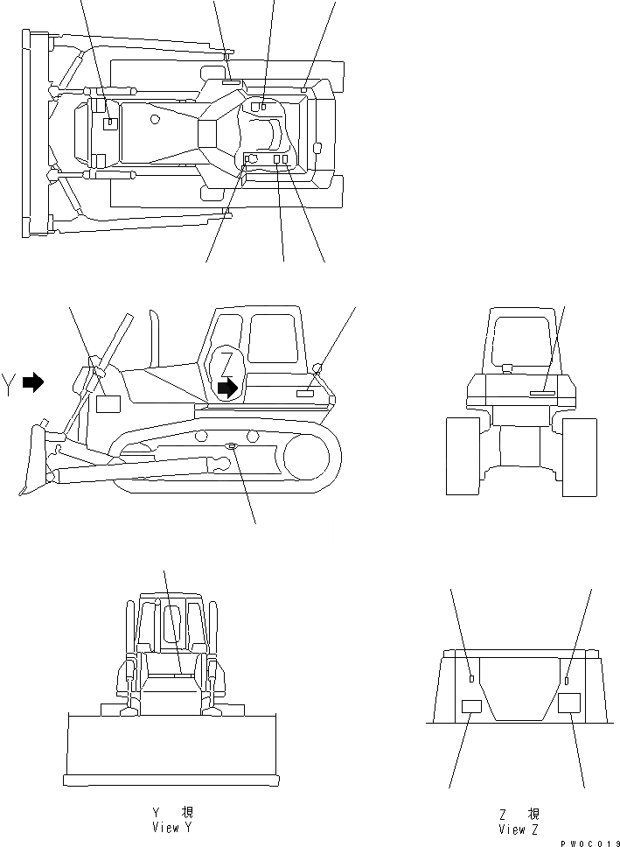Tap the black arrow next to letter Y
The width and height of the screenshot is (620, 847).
33,382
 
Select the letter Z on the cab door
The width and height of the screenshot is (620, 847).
226,362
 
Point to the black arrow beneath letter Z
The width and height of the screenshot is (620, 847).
227,388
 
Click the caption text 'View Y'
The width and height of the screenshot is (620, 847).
165,828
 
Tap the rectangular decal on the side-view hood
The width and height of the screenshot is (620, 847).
108,403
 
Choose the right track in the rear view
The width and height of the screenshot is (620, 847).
579,456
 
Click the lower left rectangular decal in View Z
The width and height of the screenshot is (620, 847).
471,707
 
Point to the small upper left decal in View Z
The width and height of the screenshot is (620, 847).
471,678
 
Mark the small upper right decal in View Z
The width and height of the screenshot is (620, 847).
568,680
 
